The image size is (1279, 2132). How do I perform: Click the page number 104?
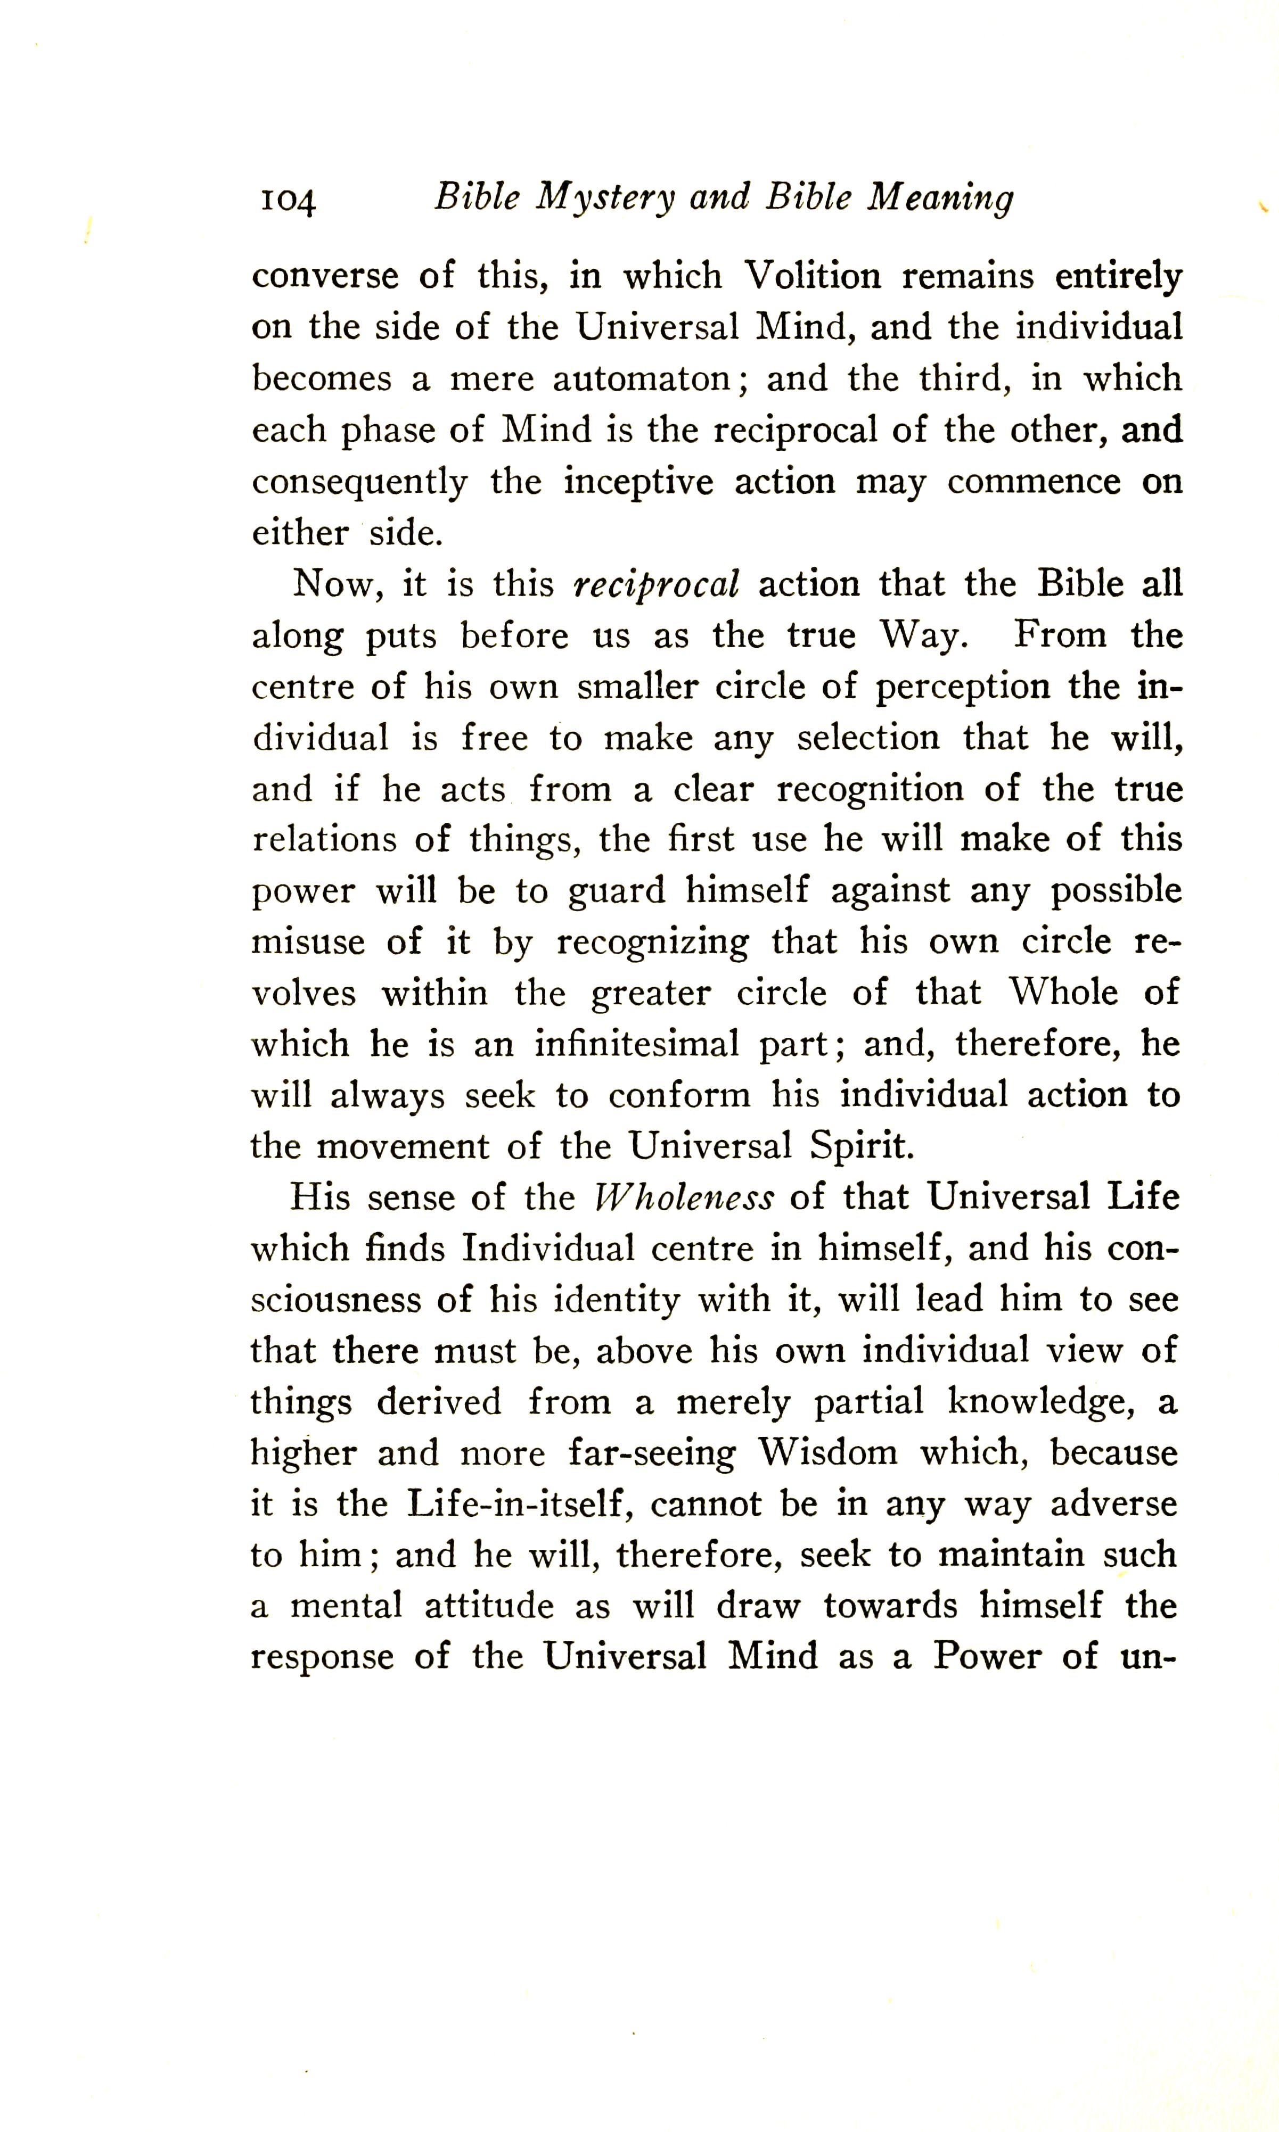288,201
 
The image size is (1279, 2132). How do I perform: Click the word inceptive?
638,482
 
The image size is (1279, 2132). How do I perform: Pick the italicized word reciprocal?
656,585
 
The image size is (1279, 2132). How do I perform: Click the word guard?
616,891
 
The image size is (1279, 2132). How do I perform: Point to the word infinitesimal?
636,1044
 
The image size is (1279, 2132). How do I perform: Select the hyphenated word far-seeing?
652,1453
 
